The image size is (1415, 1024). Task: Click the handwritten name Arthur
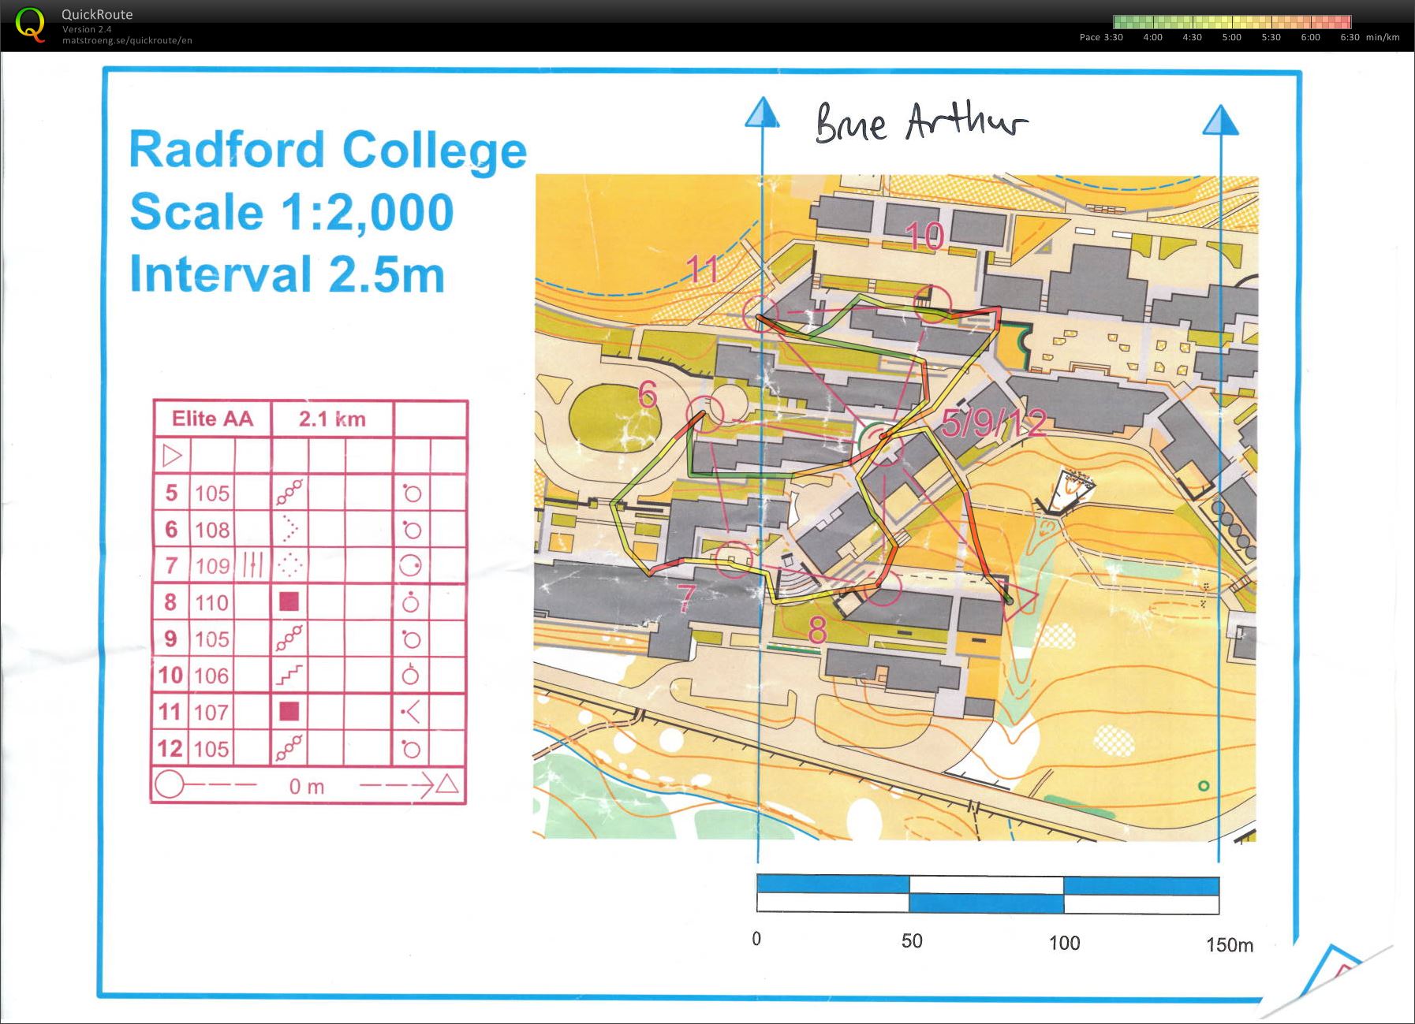(x=965, y=123)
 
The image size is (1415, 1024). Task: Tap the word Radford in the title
(x=227, y=150)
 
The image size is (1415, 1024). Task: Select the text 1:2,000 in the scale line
(x=367, y=212)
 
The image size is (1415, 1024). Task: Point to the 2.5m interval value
(x=386, y=274)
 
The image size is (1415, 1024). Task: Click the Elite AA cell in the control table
(x=212, y=419)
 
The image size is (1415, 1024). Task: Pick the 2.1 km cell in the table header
(x=332, y=419)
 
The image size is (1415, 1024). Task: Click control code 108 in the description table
(x=212, y=529)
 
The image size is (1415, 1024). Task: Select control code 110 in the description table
(x=212, y=602)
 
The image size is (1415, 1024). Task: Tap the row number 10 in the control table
(x=170, y=676)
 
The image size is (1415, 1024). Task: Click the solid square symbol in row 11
(x=289, y=711)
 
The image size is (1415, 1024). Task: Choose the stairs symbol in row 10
(x=289, y=675)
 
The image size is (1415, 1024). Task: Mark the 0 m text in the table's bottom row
(x=307, y=786)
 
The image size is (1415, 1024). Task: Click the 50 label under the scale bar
(x=912, y=940)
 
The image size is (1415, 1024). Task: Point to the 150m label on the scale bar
(x=1229, y=944)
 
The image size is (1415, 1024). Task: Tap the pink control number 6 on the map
(x=647, y=394)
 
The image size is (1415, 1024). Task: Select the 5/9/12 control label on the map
(x=994, y=424)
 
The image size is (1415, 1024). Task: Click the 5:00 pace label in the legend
(x=1231, y=37)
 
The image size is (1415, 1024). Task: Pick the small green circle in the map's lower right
(x=1203, y=786)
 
